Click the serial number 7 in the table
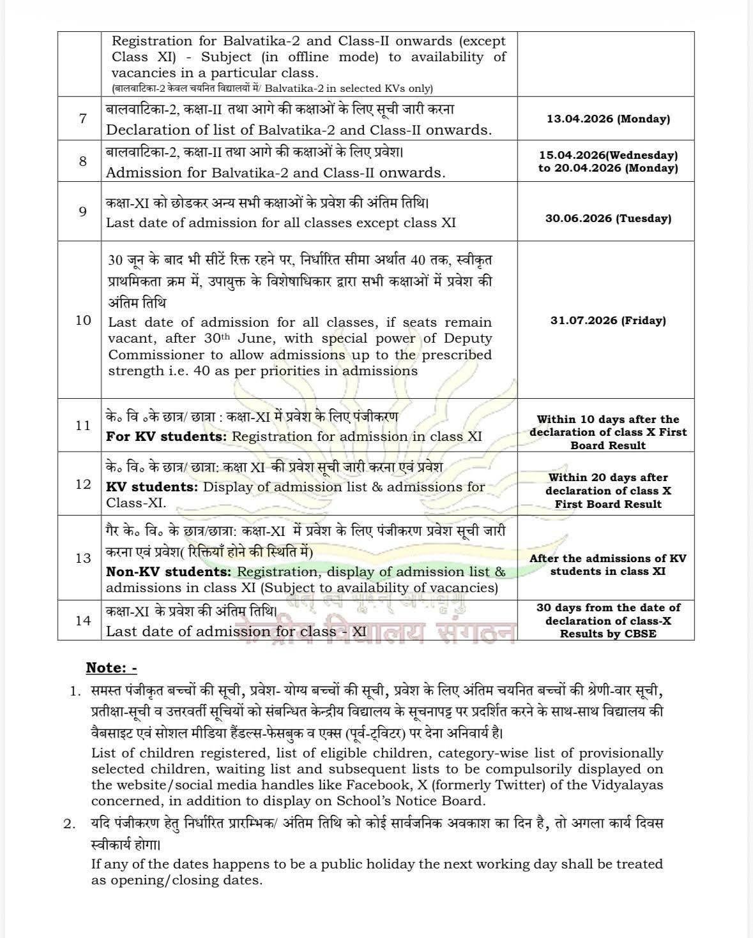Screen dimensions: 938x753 pos(82,119)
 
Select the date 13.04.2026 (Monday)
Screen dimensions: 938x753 pos(608,119)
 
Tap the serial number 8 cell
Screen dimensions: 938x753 pos(82,161)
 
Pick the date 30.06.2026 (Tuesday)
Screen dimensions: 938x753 pos(608,218)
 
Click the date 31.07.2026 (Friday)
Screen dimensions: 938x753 pos(608,320)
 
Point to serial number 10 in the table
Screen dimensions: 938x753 pos(83,320)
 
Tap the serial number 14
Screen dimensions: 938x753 pos(83,620)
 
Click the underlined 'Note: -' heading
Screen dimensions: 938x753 pos(112,668)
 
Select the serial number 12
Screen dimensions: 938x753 pos(83,484)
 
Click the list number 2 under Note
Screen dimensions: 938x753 pos(70,824)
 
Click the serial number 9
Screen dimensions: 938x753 pos(82,211)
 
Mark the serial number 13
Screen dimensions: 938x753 pos(83,558)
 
